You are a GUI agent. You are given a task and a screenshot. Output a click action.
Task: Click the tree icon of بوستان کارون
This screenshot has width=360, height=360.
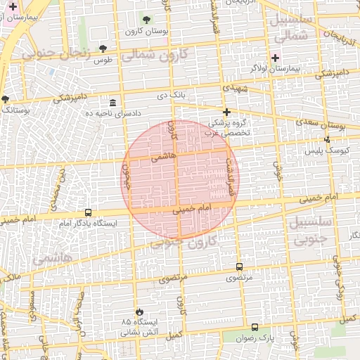click(x=146, y=20)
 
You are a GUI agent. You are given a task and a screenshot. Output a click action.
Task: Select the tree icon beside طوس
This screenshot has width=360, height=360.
click(x=103, y=49)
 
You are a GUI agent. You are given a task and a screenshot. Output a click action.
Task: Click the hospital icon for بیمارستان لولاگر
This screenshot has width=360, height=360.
click(x=275, y=58)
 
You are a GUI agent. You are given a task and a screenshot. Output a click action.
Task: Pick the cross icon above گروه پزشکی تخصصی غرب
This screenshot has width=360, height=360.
click(x=226, y=112)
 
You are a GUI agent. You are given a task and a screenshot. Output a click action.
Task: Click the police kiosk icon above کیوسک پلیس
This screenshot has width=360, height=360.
click(x=328, y=139)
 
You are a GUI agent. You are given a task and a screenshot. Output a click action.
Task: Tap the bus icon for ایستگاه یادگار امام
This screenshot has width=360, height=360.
click(x=88, y=212)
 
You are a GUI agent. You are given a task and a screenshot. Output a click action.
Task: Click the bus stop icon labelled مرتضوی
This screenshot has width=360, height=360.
click(x=239, y=267)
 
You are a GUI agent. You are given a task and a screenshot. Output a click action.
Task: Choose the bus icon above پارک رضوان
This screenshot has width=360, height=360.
click(x=255, y=327)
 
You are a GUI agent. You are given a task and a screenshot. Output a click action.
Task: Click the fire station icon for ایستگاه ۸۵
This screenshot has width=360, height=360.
click(x=139, y=311)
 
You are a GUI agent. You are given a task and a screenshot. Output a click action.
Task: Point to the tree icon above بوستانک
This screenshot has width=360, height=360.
click(x=6, y=99)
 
